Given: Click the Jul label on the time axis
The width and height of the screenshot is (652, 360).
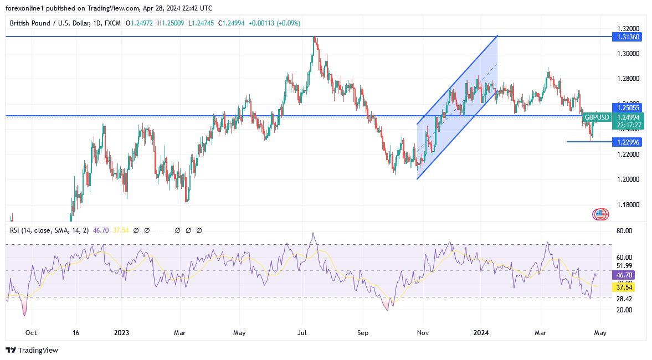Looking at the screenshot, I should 302,333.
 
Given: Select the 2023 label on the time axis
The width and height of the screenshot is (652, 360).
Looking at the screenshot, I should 121,333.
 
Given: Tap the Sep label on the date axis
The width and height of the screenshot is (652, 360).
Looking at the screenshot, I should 363,333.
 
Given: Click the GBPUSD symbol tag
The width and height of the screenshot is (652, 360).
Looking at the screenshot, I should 596,117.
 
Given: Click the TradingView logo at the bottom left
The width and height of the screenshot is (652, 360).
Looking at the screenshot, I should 32,350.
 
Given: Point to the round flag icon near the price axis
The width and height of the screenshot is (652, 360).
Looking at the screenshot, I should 600,214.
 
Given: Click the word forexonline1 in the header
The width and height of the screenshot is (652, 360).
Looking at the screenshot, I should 27,8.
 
